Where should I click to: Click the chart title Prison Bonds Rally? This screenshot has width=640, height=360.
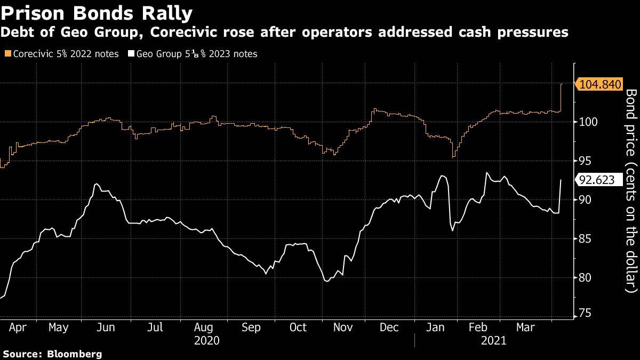click(x=97, y=12)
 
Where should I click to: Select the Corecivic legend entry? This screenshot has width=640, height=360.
click(x=61, y=54)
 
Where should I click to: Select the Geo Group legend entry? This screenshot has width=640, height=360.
click(x=193, y=54)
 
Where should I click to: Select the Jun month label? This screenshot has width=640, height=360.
click(x=106, y=327)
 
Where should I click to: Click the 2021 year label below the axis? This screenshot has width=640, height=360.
click(x=493, y=340)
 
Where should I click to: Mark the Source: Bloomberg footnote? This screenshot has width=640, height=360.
click(x=52, y=354)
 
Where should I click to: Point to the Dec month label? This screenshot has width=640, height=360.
click(x=390, y=327)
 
